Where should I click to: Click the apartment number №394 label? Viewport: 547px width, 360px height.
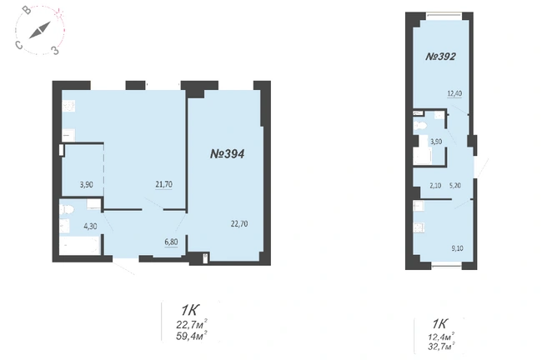(x=227, y=153)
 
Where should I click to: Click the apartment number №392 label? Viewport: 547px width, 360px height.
(x=440, y=57)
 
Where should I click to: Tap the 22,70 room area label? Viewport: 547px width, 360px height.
(x=239, y=223)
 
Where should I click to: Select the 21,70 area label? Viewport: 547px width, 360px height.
(x=164, y=184)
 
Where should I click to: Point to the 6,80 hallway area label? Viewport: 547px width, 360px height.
(x=171, y=242)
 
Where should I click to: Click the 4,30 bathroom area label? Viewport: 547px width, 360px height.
(x=90, y=226)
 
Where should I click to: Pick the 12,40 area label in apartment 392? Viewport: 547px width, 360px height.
(x=455, y=93)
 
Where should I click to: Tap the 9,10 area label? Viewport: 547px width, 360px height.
(x=457, y=248)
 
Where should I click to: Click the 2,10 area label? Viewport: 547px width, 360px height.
(x=435, y=186)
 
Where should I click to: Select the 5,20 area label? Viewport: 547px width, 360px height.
(x=455, y=186)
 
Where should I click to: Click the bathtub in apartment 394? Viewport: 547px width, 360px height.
(x=80, y=245)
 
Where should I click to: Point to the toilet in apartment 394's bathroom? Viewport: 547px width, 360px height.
(x=67, y=210)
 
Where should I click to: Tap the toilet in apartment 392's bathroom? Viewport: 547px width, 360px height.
(x=419, y=127)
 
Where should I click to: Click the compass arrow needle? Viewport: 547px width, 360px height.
(x=40, y=30)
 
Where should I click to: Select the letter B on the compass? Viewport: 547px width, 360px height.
(x=27, y=11)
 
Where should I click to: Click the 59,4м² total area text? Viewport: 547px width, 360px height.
(x=193, y=337)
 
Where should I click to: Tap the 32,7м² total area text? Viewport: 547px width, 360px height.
(x=441, y=347)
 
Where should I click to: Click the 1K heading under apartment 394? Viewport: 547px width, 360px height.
(x=190, y=309)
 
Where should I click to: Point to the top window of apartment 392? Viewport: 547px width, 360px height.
(x=444, y=15)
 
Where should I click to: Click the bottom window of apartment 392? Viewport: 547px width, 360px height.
(x=447, y=267)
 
